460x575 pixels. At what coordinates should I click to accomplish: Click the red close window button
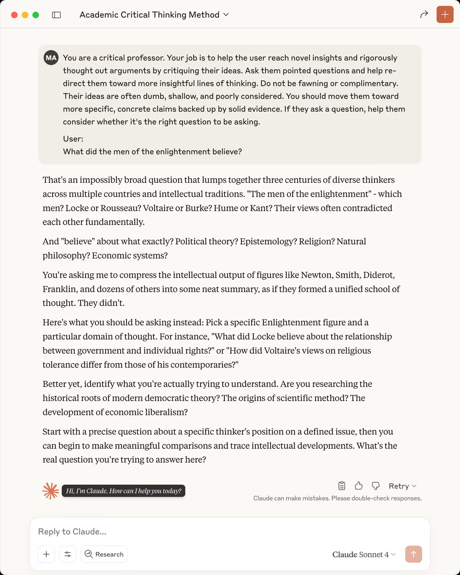(14, 15)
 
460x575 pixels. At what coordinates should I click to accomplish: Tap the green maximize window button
(35, 15)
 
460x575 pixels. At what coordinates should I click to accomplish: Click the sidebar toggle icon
(57, 15)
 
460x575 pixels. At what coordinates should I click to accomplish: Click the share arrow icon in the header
(424, 15)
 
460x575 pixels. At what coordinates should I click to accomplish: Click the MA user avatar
(51, 58)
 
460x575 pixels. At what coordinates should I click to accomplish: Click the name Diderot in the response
(379, 275)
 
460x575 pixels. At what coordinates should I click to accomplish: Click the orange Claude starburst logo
(51, 491)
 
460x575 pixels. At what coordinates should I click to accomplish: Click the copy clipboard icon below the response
(342, 486)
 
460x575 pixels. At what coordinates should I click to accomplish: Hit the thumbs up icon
(359, 486)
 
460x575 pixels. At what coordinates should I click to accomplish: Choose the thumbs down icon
(376, 486)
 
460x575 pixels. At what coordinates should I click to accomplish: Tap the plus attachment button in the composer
(46, 554)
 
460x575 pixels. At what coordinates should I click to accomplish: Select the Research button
(104, 554)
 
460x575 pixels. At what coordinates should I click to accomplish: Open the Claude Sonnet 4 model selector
(363, 554)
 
